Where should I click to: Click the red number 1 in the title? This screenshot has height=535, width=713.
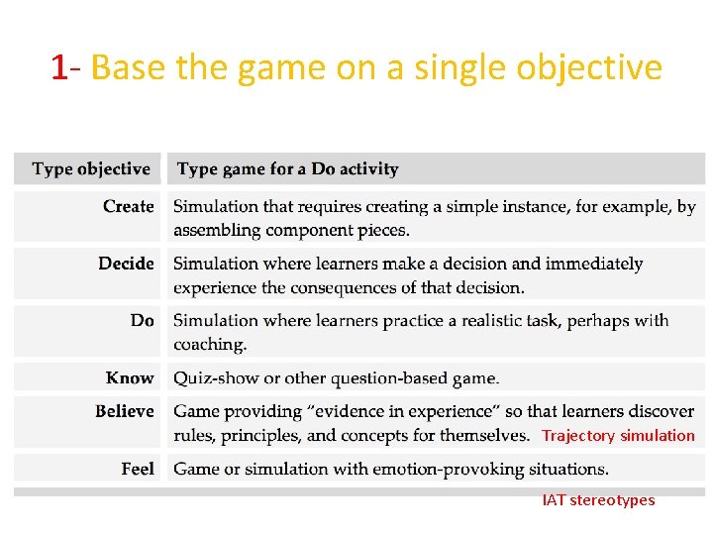(x=60, y=67)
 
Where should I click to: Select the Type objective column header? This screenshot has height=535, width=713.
(x=91, y=169)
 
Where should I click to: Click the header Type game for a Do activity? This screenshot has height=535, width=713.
(x=287, y=169)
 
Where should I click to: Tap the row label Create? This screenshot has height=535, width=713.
(x=129, y=206)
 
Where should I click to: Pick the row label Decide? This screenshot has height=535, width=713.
(x=126, y=264)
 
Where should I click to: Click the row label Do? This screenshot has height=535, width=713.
(x=143, y=320)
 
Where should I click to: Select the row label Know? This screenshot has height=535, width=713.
(x=130, y=377)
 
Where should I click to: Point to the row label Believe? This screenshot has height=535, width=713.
(x=125, y=411)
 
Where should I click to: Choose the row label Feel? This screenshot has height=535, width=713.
(x=138, y=469)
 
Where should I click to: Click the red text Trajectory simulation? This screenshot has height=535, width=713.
(x=618, y=436)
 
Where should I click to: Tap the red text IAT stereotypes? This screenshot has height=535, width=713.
(x=598, y=500)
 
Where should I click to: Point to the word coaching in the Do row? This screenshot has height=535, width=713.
(x=209, y=345)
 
